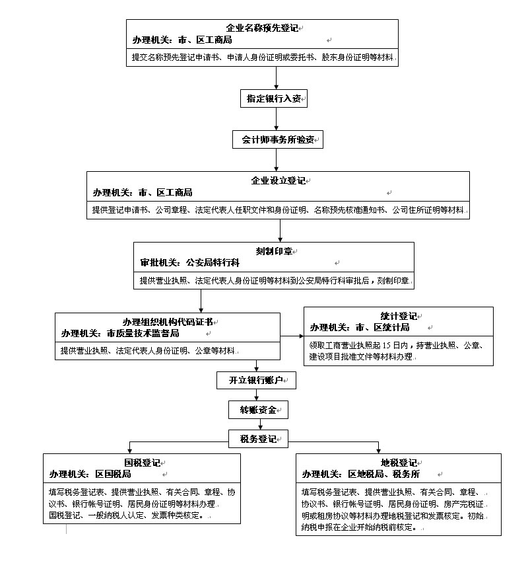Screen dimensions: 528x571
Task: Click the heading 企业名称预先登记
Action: click(262, 28)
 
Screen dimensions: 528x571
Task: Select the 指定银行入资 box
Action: click(274, 98)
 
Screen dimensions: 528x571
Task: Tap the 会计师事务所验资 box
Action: click(278, 139)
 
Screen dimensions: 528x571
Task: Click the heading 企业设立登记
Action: click(278, 180)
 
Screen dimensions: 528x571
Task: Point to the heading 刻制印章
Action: click(274, 251)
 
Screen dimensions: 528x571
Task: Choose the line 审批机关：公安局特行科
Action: click(190, 262)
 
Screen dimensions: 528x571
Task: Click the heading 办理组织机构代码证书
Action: click(168, 322)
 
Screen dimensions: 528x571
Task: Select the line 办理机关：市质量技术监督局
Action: click(120, 333)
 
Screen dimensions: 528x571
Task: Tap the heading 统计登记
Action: click(399, 316)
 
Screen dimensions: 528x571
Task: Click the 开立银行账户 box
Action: click(256, 380)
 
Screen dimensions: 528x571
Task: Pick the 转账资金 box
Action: click(258, 410)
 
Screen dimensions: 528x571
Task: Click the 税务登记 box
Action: click(258, 439)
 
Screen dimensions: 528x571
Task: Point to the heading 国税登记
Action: click(142, 463)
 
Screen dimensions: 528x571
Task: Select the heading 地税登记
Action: click(399, 463)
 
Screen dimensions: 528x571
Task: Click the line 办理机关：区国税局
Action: click(90, 474)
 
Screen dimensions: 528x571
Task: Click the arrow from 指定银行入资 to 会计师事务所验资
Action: click(277, 119)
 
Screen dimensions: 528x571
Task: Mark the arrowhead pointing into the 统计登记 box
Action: click(302, 336)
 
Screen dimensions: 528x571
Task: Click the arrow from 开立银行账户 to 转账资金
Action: click(257, 395)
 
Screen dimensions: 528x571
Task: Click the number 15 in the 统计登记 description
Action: click(386, 346)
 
